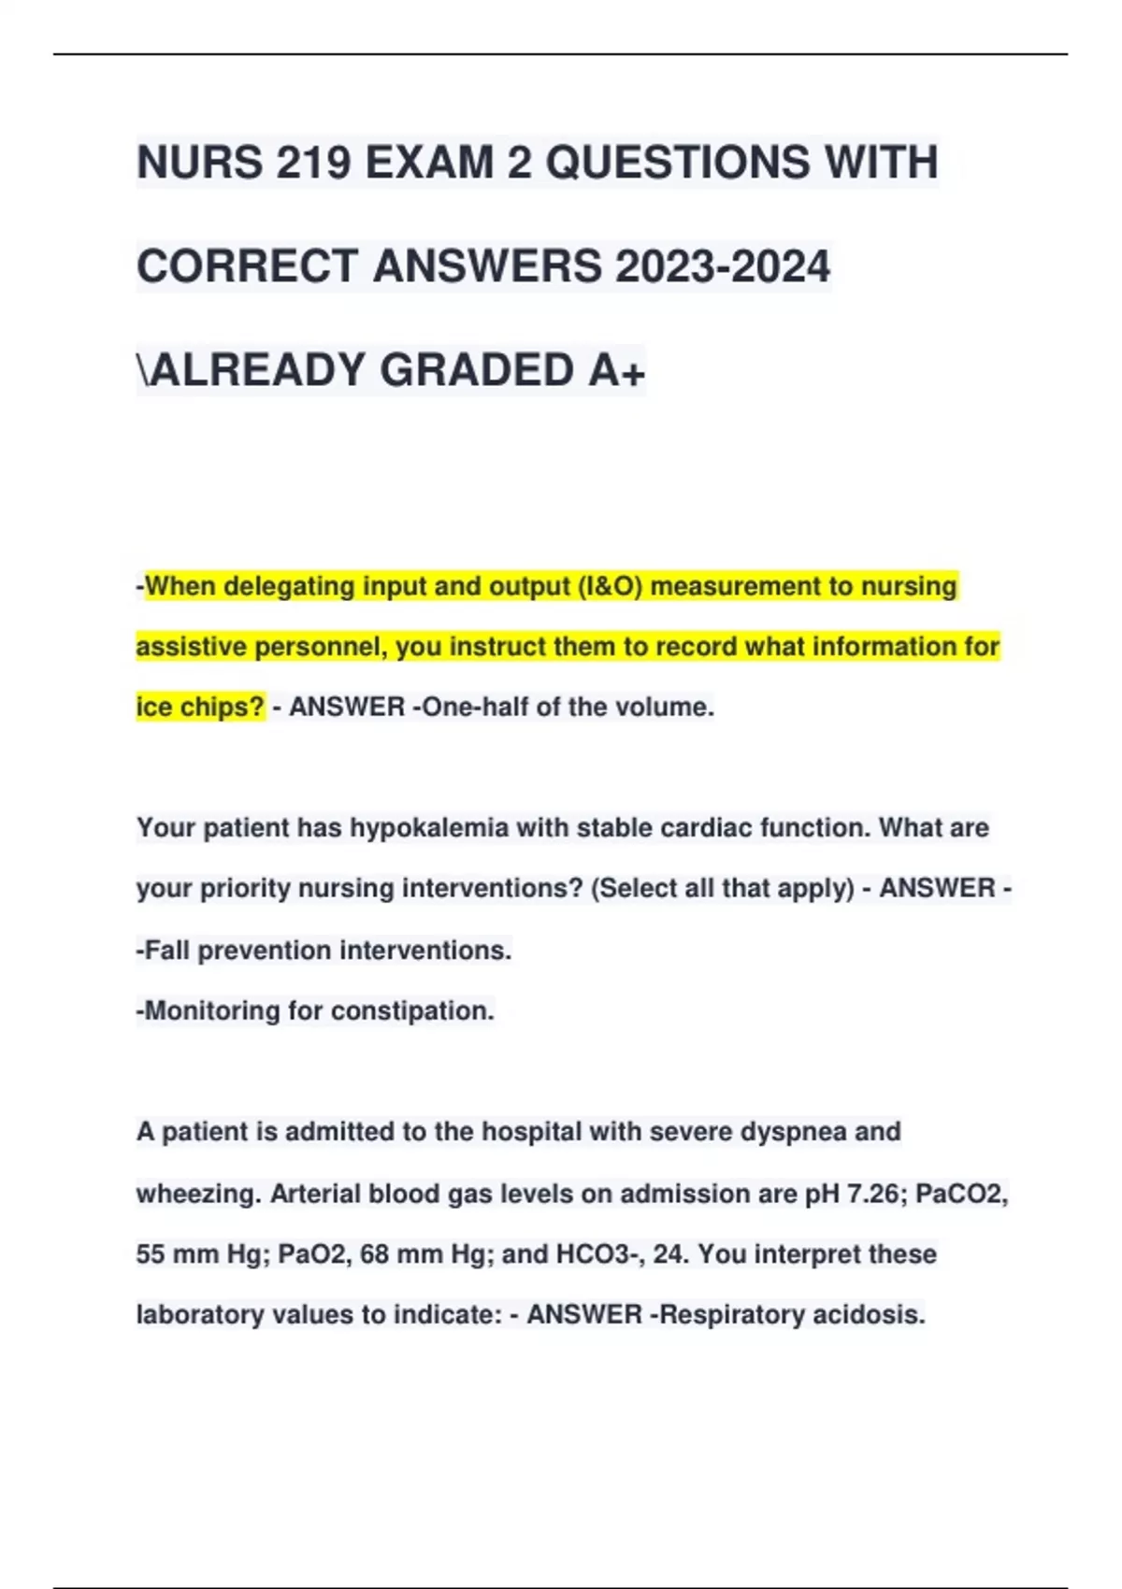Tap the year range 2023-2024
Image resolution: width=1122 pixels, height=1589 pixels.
(x=722, y=266)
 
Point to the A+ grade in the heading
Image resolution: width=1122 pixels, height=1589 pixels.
(x=617, y=370)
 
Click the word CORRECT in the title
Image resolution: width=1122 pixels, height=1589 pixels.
(x=248, y=266)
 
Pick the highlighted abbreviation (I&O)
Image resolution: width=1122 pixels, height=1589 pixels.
(x=611, y=587)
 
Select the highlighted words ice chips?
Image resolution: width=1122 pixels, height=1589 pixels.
(x=200, y=707)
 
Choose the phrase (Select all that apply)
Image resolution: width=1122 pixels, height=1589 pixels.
(x=722, y=888)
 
